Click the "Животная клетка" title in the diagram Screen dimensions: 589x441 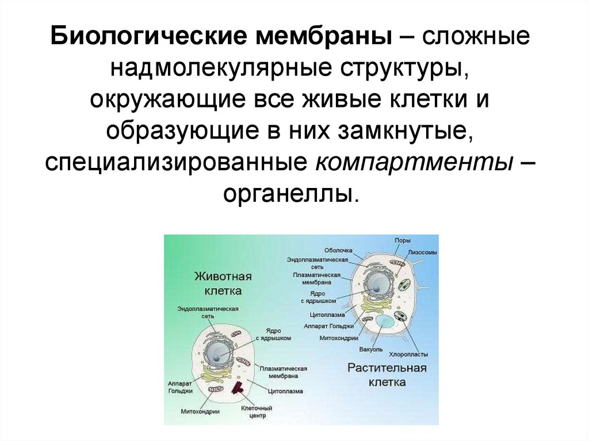218,283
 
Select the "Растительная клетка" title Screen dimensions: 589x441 387,374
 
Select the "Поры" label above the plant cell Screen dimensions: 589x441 402,240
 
